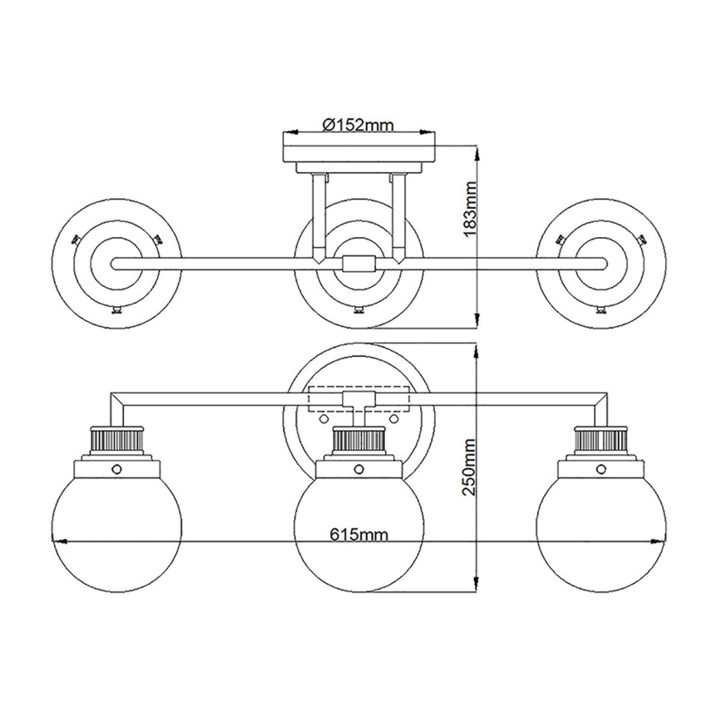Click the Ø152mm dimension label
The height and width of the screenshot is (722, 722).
click(x=357, y=125)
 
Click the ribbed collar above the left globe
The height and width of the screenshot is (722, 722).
click(x=116, y=440)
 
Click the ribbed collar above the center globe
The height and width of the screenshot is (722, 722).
click(x=359, y=440)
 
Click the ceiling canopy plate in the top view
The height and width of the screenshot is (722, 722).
click(x=359, y=155)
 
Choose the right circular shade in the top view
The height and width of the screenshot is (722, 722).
click(x=601, y=263)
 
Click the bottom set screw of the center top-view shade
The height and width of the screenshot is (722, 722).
click(x=359, y=311)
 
